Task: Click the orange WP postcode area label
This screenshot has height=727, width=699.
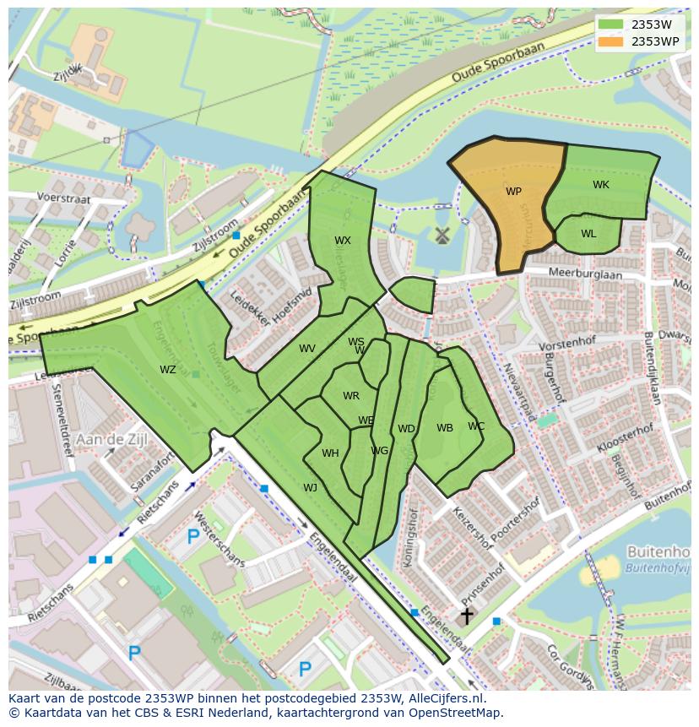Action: coord(513,192)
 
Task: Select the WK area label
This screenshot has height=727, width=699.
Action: coord(600,185)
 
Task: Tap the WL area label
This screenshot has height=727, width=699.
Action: coord(588,234)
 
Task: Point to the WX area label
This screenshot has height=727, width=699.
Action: coord(342,241)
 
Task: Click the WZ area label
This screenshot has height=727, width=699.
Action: coord(168,369)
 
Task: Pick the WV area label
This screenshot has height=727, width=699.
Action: coord(306,349)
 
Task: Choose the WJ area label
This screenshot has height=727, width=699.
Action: coord(310,487)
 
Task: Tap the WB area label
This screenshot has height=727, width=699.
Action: coord(445,428)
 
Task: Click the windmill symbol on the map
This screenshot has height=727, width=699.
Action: coord(440,236)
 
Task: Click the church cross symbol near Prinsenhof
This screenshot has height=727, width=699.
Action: coord(465,616)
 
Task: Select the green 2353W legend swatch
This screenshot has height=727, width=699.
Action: coord(610,24)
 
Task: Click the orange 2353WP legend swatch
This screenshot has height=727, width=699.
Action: coord(610,41)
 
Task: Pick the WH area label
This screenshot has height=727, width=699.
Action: coord(330,453)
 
